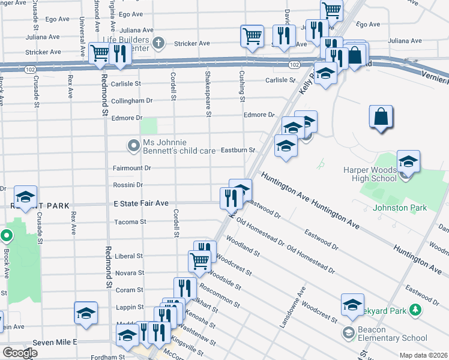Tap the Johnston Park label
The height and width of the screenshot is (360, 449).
pos(400,208)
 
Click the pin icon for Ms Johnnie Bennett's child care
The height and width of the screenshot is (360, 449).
pos(133,145)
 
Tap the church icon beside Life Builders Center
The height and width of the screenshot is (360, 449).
pos(158,42)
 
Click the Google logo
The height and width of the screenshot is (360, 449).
pos(20,353)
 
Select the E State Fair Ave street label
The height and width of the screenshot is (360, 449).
pos(141,204)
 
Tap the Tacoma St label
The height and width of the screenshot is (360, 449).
pos(130,222)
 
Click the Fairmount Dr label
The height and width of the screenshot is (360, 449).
pos(131,168)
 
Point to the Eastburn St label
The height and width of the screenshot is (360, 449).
pos(238,150)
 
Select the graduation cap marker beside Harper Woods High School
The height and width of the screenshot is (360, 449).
pos(408,162)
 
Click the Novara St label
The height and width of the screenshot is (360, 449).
pos(130,273)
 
